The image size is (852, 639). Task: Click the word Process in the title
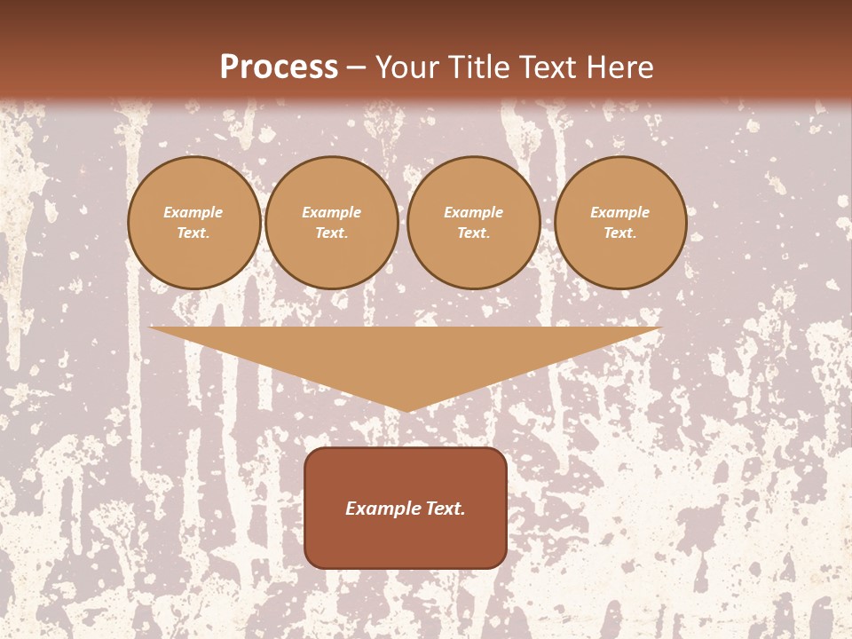(x=279, y=67)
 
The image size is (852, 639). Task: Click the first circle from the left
(x=194, y=223)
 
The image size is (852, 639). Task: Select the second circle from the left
(x=332, y=223)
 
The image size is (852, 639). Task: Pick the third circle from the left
(x=474, y=223)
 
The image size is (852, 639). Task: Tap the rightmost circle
(x=620, y=223)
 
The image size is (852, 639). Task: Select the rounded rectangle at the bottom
(x=406, y=508)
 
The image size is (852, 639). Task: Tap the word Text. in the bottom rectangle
(x=444, y=509)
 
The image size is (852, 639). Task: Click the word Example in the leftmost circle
(x=193, y=212)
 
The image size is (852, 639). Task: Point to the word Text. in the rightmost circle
(x=620, y=233)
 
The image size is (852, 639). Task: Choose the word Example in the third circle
(x=474, y=212)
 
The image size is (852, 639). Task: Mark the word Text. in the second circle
(x=332, y=233)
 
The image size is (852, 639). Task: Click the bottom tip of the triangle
(x=407, y=409)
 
